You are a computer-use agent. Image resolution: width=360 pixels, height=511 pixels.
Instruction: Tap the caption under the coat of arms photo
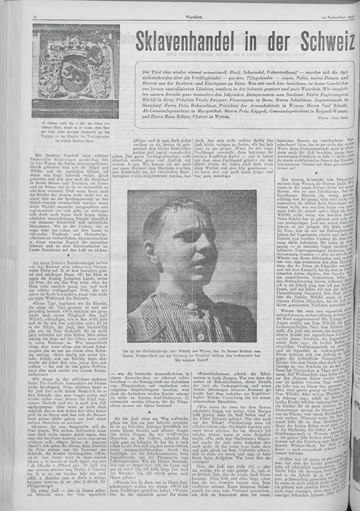click(x=76, y=130)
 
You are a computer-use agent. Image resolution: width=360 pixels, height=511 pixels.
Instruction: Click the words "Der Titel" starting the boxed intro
click(x=148, y=72)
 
